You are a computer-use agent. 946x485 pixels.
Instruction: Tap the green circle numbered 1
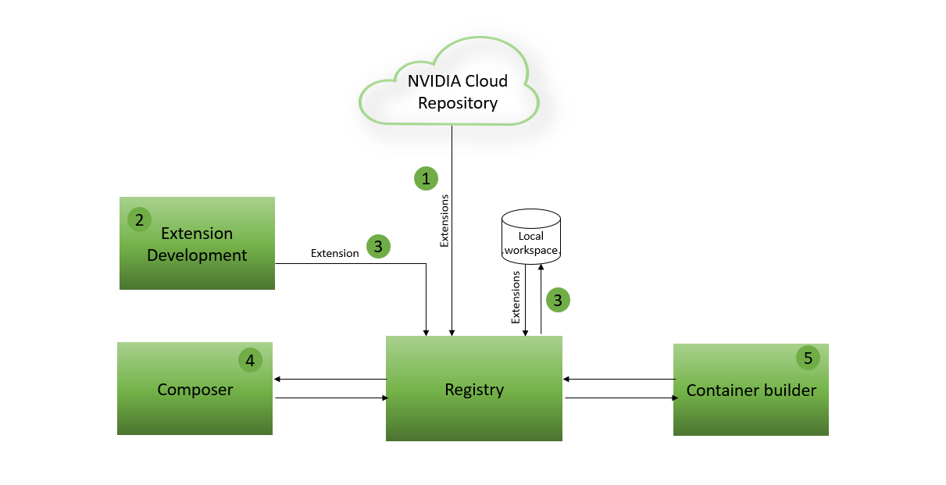(x=426, y=179)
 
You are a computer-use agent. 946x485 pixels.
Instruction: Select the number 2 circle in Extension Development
(x=139, y=219)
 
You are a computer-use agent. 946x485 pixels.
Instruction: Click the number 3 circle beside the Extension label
(x=378, y=247)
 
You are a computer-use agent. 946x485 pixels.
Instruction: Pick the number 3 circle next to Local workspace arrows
(x=558, y=299)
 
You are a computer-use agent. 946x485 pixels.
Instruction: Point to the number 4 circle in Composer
(x=250, y=360)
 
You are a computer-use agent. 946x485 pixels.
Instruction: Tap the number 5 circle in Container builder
(x=808, y=358)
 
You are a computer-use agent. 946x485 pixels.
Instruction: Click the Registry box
(x=474, y=389)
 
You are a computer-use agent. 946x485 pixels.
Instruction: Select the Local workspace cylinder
(x=530, y=235)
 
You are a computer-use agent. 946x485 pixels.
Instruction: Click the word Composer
(x=195, y=390)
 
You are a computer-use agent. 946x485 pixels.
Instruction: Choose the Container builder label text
(x=751, y=390)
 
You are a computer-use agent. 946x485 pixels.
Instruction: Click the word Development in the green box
(x=197, y=255)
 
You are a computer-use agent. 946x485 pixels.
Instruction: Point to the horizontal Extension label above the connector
(x=334, y=253)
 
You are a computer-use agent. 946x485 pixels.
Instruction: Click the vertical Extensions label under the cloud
(x=444, y=221)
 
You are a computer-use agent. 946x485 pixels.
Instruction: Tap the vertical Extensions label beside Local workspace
(x=516, y=297)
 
